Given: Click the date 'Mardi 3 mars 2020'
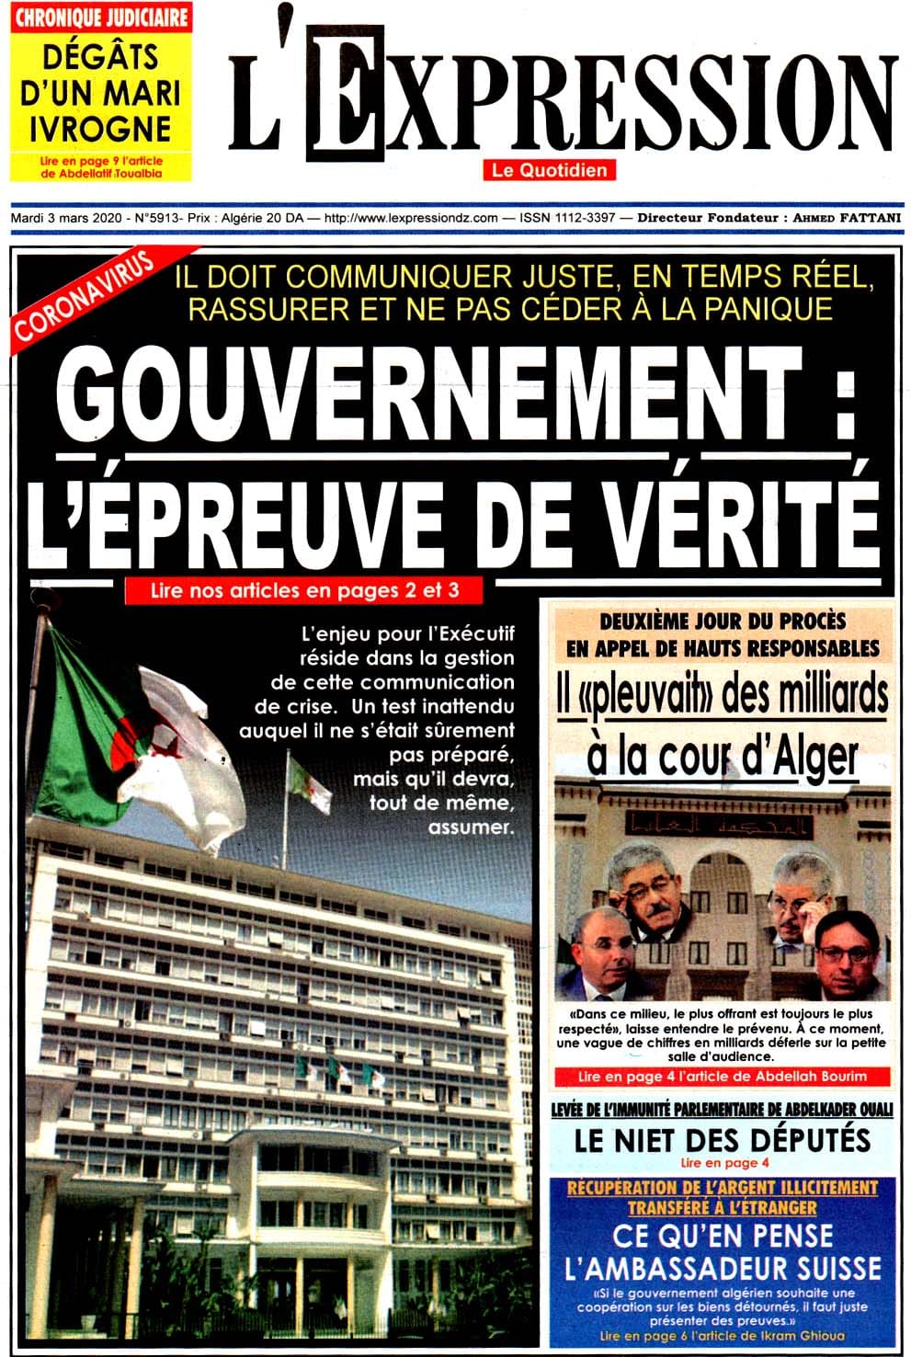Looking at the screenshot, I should coord(64,219).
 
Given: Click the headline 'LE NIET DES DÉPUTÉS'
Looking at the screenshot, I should coord(722,1140).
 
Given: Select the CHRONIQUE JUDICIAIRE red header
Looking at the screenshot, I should coord(100,17).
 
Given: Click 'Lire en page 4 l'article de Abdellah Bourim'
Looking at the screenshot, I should coord(722,1076).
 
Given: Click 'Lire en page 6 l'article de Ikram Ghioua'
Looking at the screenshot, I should coord(722,1336).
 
